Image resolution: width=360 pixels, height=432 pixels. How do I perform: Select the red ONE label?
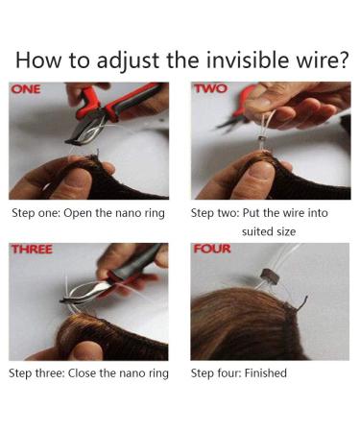tap(26, 89)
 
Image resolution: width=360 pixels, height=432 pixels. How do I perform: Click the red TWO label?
tap(210, 89)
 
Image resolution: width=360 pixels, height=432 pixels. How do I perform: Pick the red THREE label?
tap(32, 251)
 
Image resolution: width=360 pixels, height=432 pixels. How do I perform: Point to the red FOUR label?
tap(212, 251)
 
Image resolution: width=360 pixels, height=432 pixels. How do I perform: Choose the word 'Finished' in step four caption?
tap(265, 372)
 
